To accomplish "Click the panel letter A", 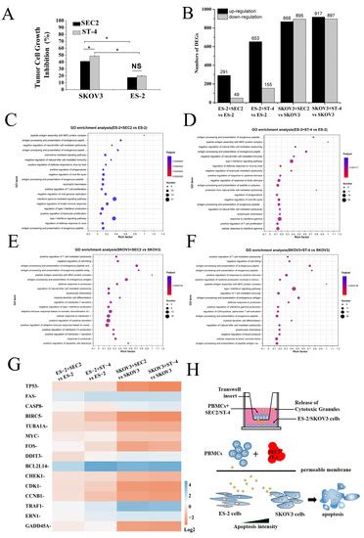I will pos(8,9).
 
